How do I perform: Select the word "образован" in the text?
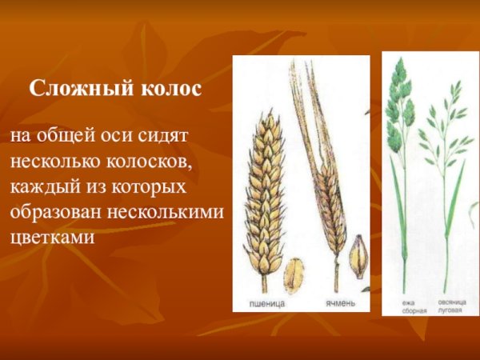pyautogui.click(x=52, y=214)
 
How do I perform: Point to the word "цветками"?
pyautogui.click(x=50, y=239)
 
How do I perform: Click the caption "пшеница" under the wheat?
pyautogui.click(x=266, y=304)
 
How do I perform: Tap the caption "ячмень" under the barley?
pyautogui.click(x=338, y=304)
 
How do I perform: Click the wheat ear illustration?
pyautogui.click(x=264, y=192)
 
